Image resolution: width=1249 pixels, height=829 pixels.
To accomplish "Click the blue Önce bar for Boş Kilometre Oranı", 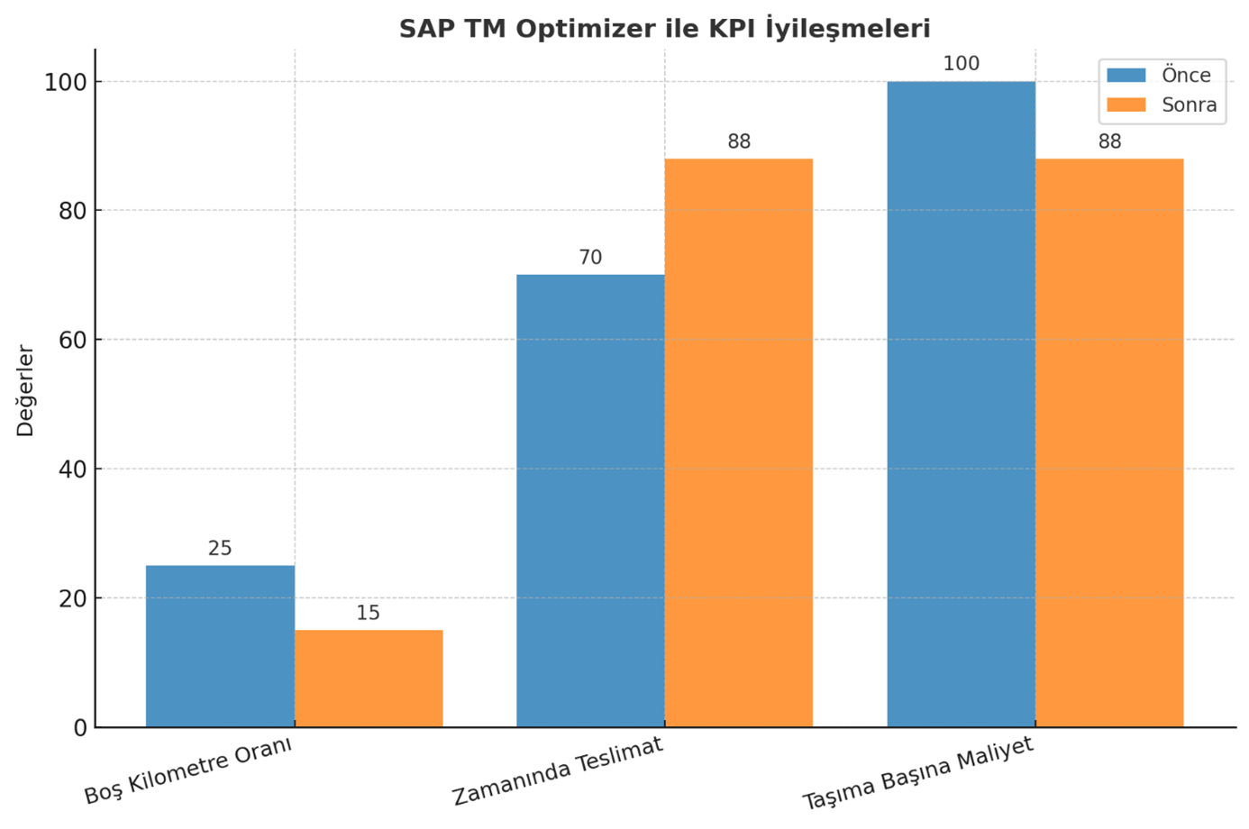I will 220,646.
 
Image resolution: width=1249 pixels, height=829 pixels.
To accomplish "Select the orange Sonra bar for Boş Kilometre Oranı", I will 369,679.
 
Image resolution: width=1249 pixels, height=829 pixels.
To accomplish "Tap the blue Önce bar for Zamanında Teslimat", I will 590,500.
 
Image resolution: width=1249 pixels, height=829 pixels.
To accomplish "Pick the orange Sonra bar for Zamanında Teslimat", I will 739,442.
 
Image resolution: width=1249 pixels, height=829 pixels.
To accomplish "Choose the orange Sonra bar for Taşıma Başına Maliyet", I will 1109,442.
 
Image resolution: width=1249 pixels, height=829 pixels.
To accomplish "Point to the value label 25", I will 220,549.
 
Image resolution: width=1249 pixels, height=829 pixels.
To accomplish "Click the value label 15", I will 369,614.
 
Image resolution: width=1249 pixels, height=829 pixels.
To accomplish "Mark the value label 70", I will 590,258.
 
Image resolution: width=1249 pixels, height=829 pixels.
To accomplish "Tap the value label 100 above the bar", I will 961,64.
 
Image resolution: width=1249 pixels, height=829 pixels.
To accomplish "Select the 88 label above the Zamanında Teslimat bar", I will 739,141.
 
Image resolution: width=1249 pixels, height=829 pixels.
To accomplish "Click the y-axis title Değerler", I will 25,390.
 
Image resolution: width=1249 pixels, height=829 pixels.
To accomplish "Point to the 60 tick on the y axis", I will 72,341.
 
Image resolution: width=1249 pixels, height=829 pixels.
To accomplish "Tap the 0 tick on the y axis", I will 80,728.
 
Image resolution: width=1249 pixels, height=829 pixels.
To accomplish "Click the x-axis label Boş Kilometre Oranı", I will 189,770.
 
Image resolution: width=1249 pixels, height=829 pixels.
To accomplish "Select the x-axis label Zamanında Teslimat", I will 558,771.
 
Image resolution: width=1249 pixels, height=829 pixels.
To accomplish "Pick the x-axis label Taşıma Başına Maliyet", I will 917,774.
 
